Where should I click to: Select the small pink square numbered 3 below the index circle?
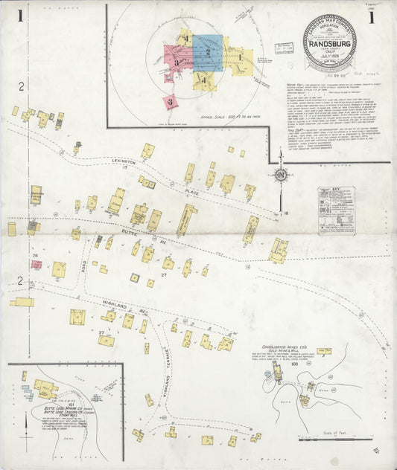[x=171, y=101]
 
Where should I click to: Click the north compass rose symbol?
[x=281, y=176]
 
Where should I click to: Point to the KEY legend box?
[x=336, y=210]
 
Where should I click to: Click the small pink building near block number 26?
[x=35, y=264]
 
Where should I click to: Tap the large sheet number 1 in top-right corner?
[x=372, y=18]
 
